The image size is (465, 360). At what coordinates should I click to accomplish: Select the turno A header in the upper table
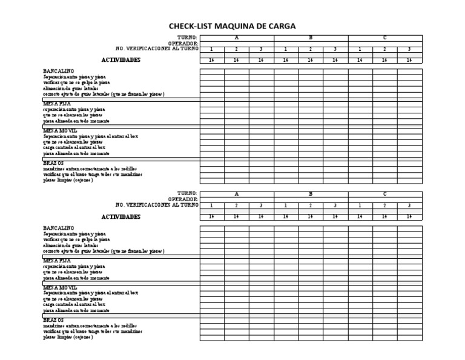(236, 38)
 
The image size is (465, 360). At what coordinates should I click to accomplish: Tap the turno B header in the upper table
(311, 38)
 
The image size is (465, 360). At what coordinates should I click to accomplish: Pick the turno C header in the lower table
(384, 194)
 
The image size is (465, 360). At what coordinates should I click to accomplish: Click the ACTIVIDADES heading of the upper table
(120, 60)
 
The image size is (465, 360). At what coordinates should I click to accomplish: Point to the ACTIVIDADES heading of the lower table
(120, 216)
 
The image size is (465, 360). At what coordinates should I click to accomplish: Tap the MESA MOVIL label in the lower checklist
(60, 287)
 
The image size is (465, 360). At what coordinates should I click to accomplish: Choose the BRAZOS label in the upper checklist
(53, 163)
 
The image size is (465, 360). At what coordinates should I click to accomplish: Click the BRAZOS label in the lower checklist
(53, 319)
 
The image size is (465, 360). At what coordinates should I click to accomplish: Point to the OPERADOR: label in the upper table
(183, 43)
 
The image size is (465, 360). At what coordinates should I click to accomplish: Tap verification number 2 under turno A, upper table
(236, 49)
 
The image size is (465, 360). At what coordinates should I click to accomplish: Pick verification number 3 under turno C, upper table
(409, 49)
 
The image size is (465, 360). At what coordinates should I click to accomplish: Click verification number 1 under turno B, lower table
(286, 205)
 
